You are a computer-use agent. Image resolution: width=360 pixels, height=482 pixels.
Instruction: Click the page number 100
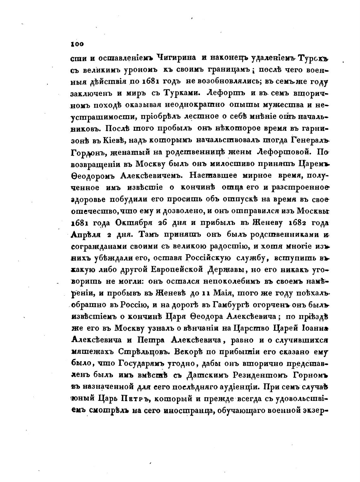coord(77,45)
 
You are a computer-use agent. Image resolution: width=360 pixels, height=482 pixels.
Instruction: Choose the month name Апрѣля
coord(87,234)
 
